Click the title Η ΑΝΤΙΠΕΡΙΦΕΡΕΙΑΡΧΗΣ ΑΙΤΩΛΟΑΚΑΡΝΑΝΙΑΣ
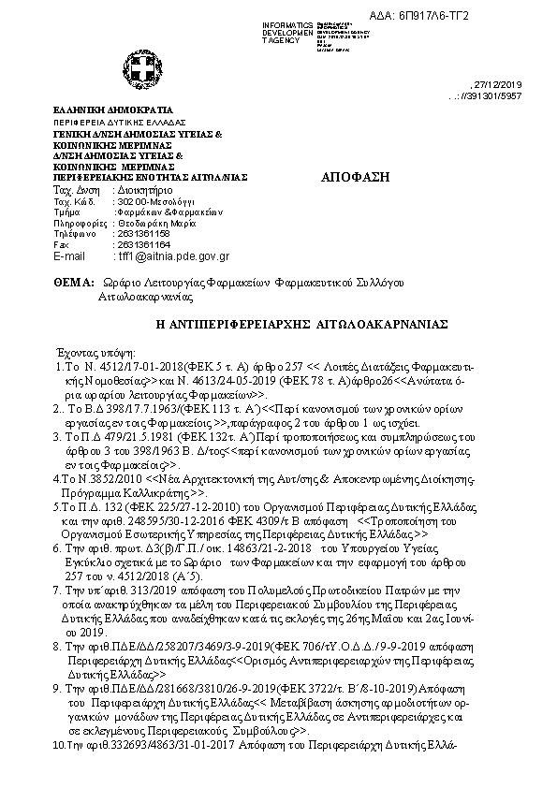(x=300, y=323)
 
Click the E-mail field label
(x=70, y=255)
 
